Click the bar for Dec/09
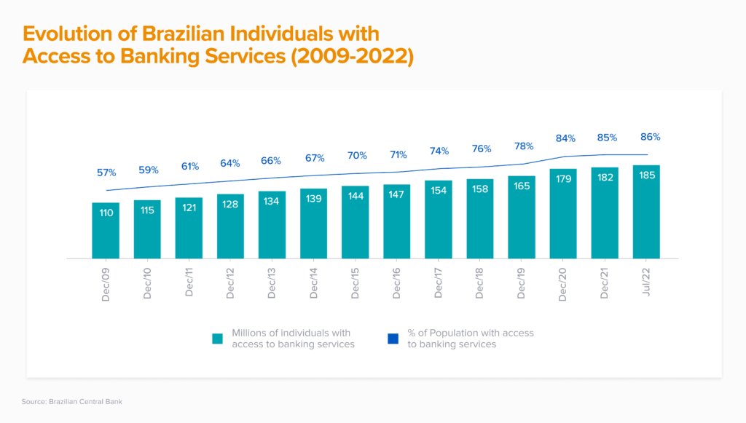click(106, 230)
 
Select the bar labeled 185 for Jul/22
click(646, 212)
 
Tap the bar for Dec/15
click(356, 222)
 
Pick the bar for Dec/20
click(563, 213)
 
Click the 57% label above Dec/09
click(106, 173)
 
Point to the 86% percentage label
click(651, 137)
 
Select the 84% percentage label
click(566, 138)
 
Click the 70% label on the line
click(356, 155)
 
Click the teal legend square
click(217, 339)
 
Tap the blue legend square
click(393, 339)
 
